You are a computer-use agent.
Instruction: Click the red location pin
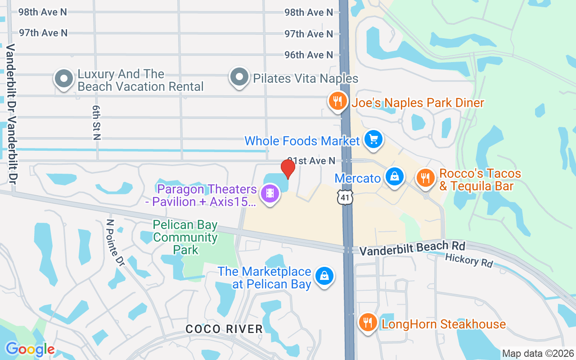[288, 168]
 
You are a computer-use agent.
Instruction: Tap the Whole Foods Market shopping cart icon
[373, 139]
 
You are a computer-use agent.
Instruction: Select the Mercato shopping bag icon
[394, 177]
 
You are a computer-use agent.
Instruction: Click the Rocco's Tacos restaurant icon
[425, 177]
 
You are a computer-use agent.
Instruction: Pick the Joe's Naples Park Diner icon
[337, 101]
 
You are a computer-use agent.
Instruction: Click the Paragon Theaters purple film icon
[270, 194]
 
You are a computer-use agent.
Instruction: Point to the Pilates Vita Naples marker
[239, 77]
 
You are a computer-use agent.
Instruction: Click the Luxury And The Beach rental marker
[64, 79]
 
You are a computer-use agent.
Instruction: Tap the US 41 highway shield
[346, 197]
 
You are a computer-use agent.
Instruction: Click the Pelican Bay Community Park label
[185, 237]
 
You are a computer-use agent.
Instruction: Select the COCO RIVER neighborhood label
[224, 329]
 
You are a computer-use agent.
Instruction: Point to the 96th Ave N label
[309, 55]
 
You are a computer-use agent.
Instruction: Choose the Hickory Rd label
[469, 260]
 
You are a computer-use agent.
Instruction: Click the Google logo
[30, 349]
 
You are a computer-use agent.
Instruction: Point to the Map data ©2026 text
[538, 353]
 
